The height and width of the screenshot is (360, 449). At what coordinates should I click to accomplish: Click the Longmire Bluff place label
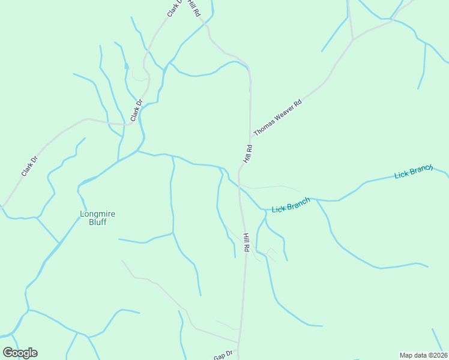tap(98, 217)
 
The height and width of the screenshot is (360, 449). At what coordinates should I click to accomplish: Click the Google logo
tap(20, 353)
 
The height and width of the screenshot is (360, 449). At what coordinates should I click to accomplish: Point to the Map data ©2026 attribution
tap(423, 355)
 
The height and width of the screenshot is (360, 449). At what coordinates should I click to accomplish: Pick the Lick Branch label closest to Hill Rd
tap(291, 205)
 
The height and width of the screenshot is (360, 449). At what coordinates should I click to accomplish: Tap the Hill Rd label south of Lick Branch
tap(246, 242)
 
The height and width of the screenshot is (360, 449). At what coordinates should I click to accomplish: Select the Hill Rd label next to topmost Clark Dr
tap(194, 8)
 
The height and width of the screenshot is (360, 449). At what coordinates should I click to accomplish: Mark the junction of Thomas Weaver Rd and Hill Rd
tap(250, 140)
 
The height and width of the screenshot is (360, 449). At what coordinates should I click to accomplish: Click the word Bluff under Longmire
tap(98, 222)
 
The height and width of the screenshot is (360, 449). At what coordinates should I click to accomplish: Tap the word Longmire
tap(98, 213)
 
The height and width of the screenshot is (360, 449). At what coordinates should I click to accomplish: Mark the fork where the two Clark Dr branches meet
tap(129, 124)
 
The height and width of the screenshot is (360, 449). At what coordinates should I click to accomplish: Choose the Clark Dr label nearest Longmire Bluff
tap(29, 166)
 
